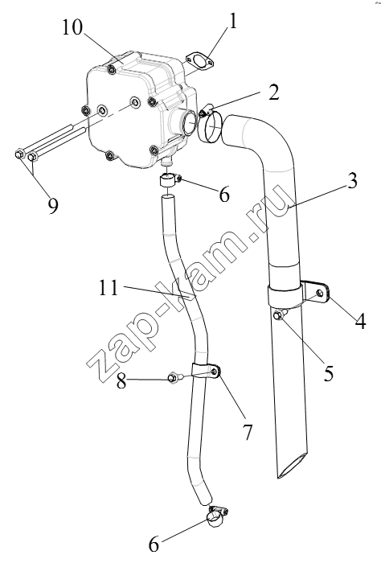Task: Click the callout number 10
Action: [x=72, y=27]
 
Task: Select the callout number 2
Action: [x=273, y=92]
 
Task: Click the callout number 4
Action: [x=360, y=322]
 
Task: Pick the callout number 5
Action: [x=328, y=373]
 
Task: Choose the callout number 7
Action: [x=248, y=432]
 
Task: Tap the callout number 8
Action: [x=121, y=381]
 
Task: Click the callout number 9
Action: [x=52, y=206]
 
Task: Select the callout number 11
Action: [x=108, y=288]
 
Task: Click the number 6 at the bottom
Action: [x=154, y=545]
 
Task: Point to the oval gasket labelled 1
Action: [x=199, y=61]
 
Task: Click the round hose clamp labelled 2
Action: [x=210, y=125]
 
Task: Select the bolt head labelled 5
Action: [x=277, y=315]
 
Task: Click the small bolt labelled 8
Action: [x=174, y=378]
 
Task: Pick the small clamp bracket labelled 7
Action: [x=207, y=372]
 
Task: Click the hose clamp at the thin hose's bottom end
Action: [x=217, y=515]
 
